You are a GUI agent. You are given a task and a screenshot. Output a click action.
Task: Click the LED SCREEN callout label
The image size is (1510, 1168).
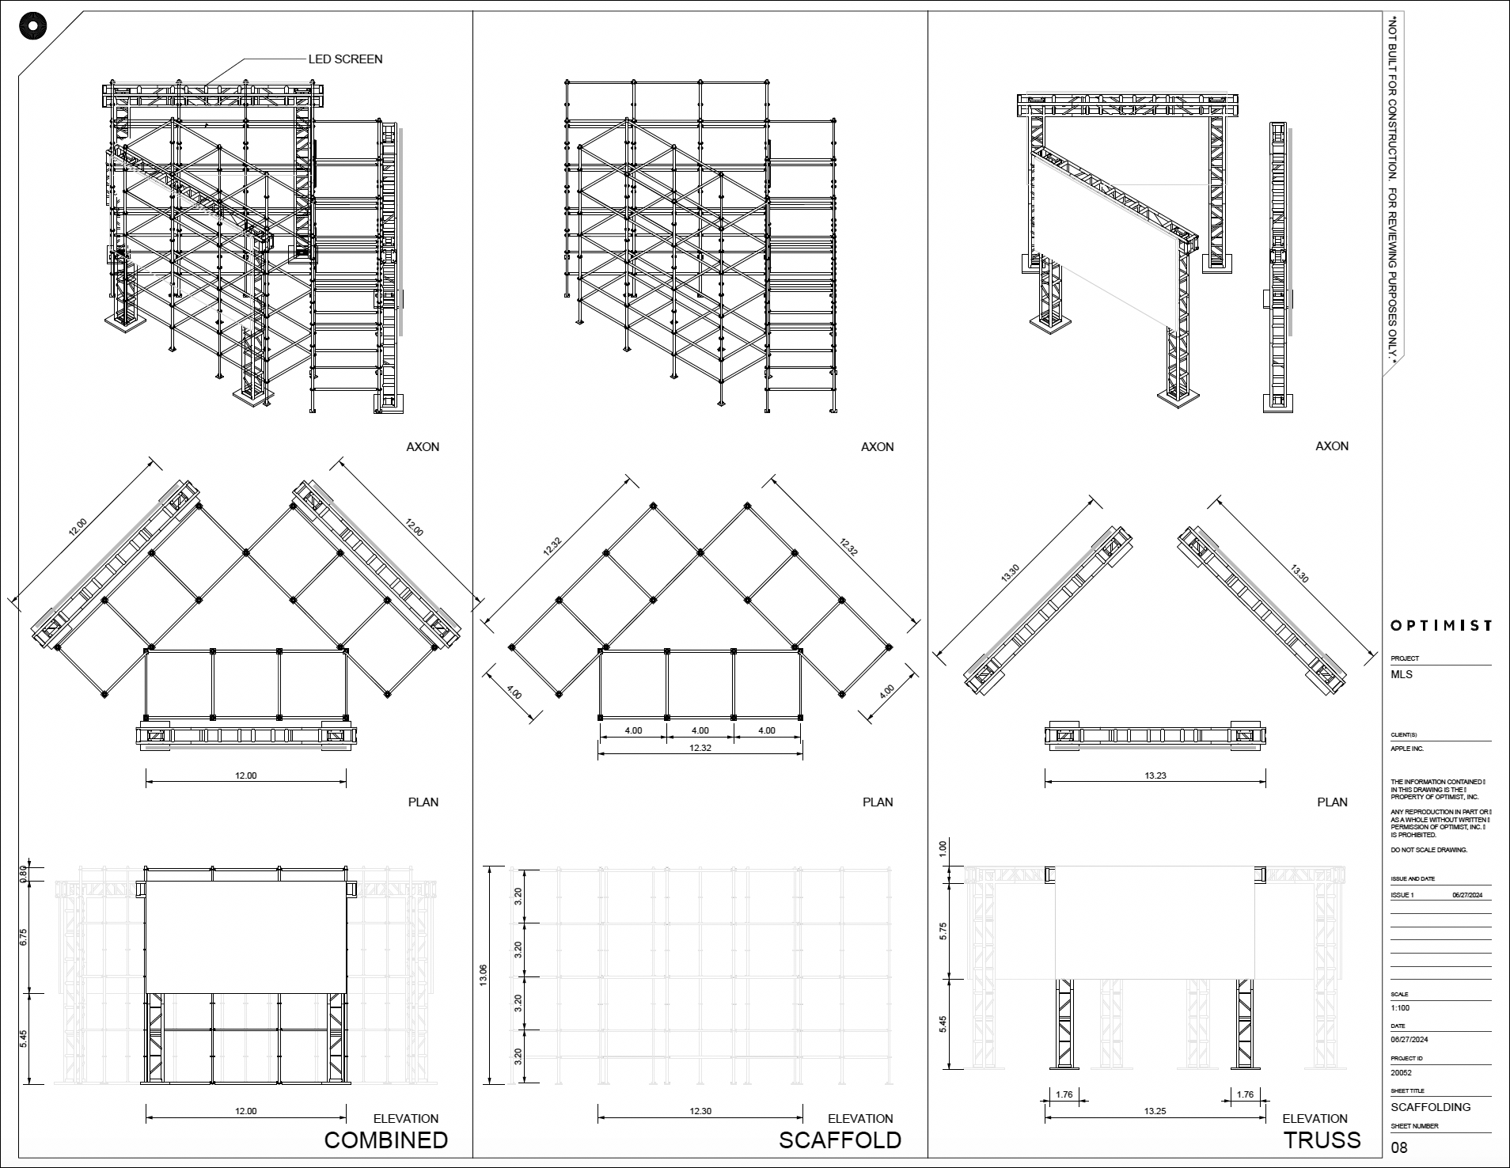[345, 59]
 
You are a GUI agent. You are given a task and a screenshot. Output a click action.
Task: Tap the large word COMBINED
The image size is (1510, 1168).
[386, 1140]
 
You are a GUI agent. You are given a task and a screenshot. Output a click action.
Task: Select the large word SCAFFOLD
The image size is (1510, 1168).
[840, 1140]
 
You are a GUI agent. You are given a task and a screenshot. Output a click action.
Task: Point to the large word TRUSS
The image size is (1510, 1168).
[1322, 1140]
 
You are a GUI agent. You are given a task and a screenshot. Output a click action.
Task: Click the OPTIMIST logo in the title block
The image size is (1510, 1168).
[1441, 626]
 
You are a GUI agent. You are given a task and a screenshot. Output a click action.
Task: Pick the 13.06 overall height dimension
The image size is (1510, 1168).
[484, 975]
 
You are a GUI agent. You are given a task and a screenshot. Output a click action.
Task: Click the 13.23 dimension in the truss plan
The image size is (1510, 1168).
[1155, 776]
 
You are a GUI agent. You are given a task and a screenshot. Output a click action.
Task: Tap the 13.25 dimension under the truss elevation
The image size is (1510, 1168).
[1155, 1111]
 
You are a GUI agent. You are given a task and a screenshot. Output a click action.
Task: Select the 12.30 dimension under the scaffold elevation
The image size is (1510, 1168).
[700, 1111]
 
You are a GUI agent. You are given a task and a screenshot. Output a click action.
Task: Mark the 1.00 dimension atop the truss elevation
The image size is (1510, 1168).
[942, 847]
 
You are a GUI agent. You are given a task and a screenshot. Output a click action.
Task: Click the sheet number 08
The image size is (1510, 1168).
[1399, 1148]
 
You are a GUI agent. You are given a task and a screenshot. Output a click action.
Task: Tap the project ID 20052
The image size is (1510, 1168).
[1401, 1073]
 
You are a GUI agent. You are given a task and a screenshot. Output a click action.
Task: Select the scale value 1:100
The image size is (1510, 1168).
[1400, 1008]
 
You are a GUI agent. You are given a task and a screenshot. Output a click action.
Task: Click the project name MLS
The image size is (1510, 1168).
[1402, 675]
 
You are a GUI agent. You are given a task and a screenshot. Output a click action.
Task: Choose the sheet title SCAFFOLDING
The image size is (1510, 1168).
[1430, 1107]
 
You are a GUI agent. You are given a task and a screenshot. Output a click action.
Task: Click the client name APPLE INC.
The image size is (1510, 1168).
[1407, 749]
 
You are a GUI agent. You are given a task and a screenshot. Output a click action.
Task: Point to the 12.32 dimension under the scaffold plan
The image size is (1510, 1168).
[700, 748]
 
